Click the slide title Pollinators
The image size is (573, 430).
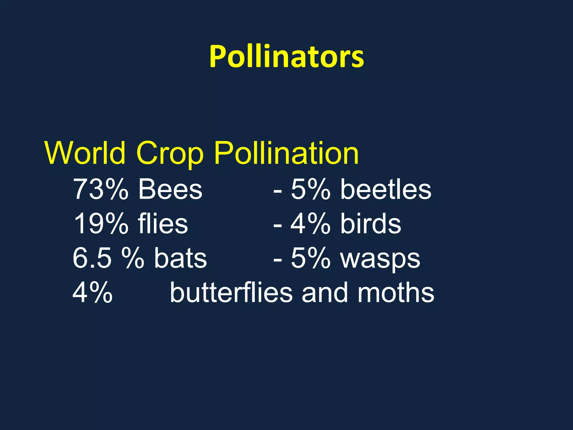point(286,57)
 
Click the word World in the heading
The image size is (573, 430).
point(85,153)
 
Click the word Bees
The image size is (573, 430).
point(170,190)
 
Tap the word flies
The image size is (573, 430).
point(163,224)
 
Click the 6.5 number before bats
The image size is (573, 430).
point(92,258)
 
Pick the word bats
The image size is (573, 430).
point(180,258)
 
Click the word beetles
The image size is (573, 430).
point(386,190)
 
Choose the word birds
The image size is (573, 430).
point(371,224)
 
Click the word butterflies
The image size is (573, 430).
point(231,293)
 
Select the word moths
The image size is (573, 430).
point(396,293)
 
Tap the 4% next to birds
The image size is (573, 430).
point(310,224)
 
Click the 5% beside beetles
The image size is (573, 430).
point(311,190)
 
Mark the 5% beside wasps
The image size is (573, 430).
point(311,258)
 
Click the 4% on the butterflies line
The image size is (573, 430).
point(93,293)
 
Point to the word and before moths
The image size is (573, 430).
point(324,293)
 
